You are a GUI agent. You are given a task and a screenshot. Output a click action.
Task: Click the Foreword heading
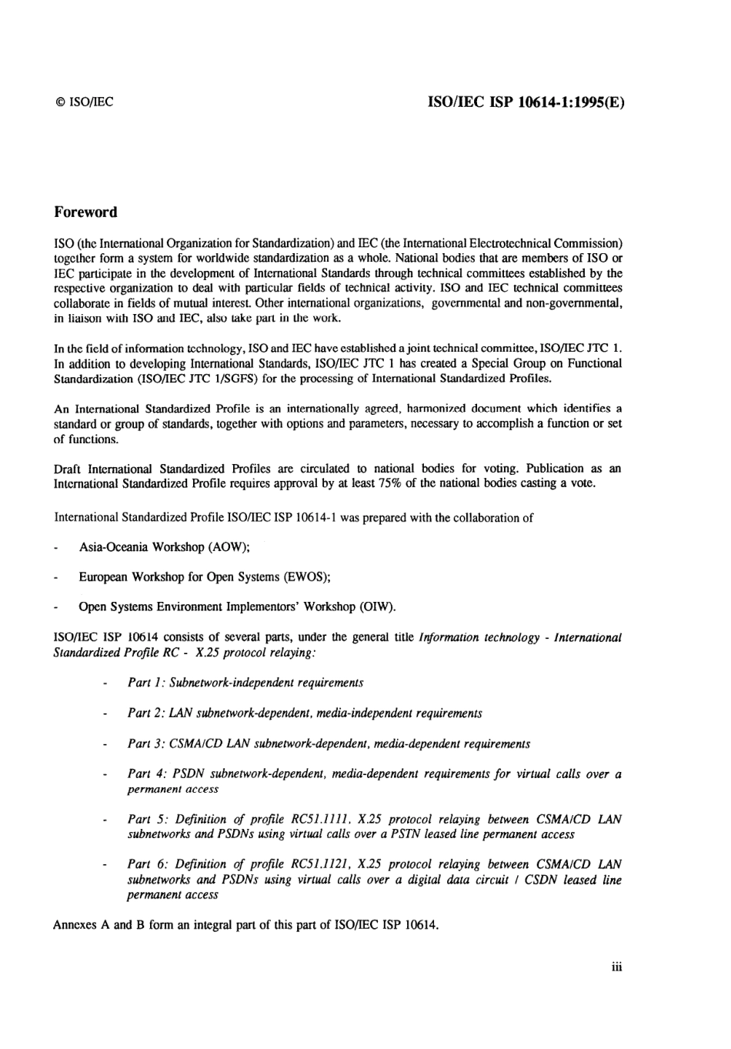[85, 212]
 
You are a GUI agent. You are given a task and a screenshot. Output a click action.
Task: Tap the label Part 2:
[146, 713]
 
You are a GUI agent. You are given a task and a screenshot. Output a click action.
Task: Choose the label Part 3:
[146, 743]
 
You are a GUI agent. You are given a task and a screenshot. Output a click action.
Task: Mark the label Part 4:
[146, 774]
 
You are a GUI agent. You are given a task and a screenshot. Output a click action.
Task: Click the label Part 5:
[146, 819]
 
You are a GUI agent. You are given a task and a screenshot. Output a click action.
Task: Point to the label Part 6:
[146, 864]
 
